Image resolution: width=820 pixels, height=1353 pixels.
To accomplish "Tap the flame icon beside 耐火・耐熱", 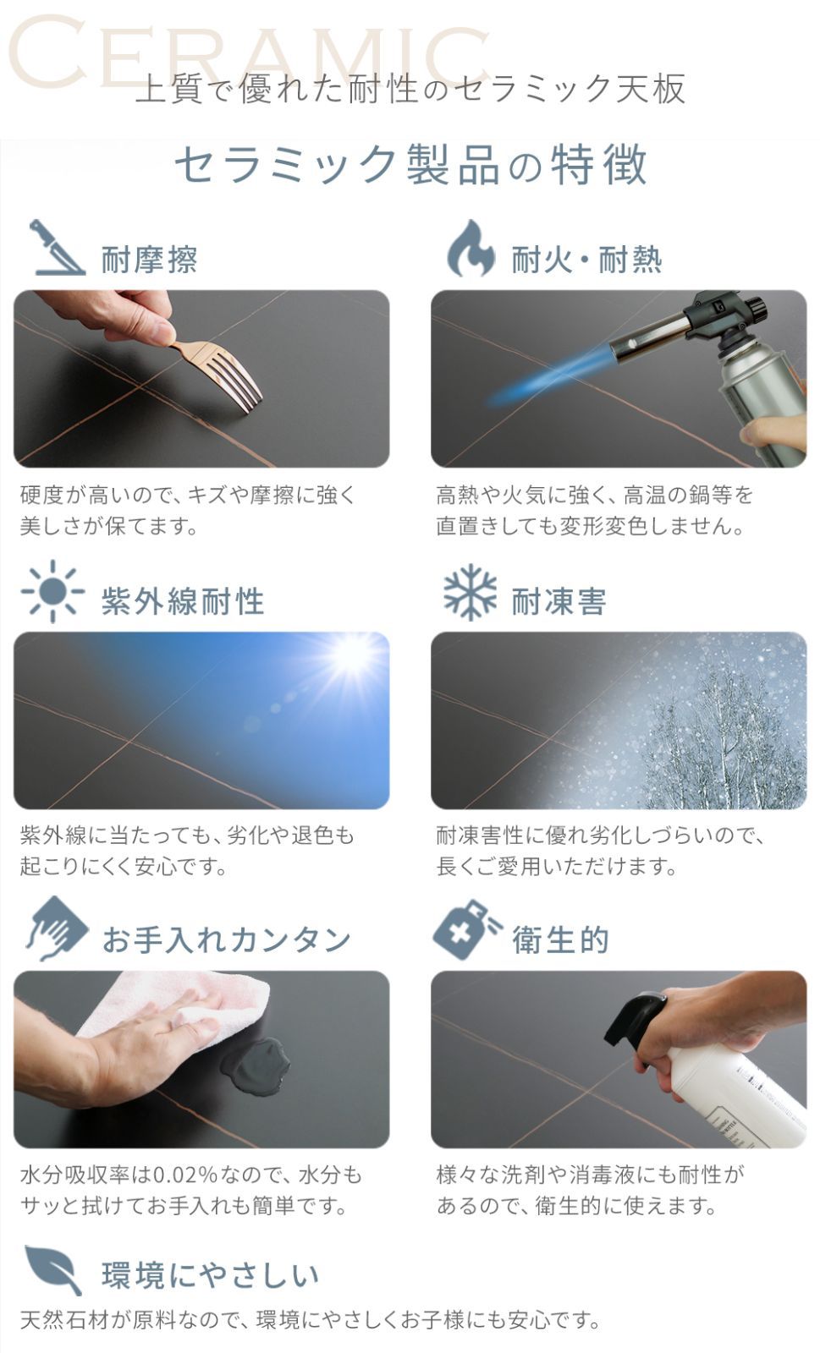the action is pyautogui.click(x=471, y=249).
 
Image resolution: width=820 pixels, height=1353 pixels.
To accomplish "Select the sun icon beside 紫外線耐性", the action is pyautogui.click(x=53, y=591).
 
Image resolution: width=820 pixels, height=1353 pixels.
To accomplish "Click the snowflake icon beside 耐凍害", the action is pyautogui.click(x=471, y=592).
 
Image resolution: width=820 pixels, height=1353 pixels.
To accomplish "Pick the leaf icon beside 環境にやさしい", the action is pyautogui.click(x=53, y=1269).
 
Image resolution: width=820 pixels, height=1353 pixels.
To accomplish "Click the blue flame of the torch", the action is pyautogui.click(x=544, y=375).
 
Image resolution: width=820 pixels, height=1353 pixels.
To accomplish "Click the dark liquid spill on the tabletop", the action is pyautogui.click(x=255, y=1068).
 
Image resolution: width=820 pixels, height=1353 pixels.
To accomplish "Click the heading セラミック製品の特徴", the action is pyautogui.click(x=411, y=165).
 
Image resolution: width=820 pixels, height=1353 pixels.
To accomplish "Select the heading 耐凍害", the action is pyautogui.click(x=559, y=601).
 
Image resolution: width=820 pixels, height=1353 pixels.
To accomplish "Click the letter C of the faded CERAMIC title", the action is pyautogui.click(x=47, y=52).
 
